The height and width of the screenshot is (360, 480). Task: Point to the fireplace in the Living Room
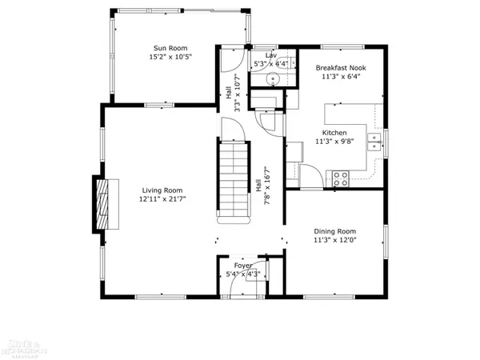click(101, 202)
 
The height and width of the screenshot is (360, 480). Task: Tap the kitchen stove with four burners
click(341, 178)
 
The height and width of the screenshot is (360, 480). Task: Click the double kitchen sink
click(374, 142)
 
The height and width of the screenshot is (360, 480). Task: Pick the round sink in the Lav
click(272, 78)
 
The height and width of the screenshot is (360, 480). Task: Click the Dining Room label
click(334, 230)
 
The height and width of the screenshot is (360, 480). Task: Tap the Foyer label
click(242, 265)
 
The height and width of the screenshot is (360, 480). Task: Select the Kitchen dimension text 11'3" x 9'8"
click(334, 142)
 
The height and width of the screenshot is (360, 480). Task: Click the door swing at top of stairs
click(233, 128)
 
